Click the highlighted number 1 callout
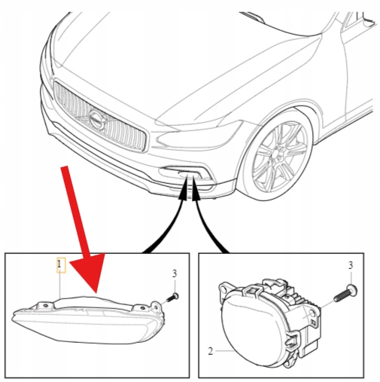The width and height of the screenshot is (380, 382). [61, 265]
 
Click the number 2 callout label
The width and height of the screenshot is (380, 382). [211, 351]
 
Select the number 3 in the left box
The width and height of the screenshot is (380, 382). [175, 274]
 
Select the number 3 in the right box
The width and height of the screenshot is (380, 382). [351, 265]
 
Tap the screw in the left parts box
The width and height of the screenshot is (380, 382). [172, 297]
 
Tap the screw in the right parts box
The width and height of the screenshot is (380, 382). [345, 292]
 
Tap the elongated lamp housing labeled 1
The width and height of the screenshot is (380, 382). [88, 322]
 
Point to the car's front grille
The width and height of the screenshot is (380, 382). [99, 117]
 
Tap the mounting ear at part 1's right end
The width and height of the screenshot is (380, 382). [157, 307]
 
